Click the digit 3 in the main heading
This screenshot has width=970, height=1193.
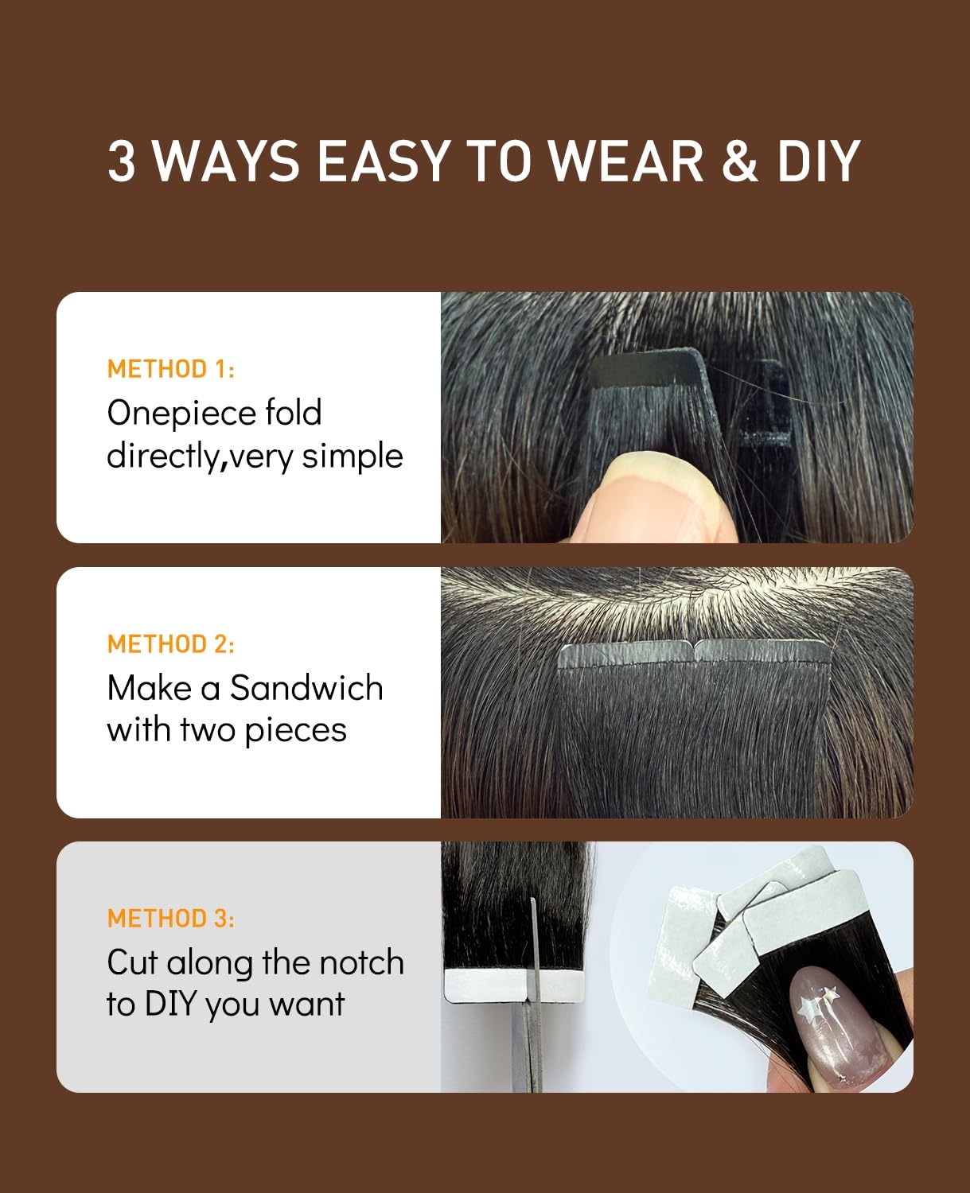(x=122, y=161)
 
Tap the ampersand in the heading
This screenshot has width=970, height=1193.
(x=740, y=161)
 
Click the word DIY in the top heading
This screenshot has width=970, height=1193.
(x=819, y=161)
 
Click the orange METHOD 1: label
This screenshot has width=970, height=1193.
(x=171, y=369)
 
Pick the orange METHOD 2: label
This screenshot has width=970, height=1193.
(x=171, y=643)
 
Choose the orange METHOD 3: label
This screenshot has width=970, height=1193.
(x=171, y=919)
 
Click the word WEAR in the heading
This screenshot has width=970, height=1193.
(x=626, y=161)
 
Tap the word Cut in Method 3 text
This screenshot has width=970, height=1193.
(x=132, y=962)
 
